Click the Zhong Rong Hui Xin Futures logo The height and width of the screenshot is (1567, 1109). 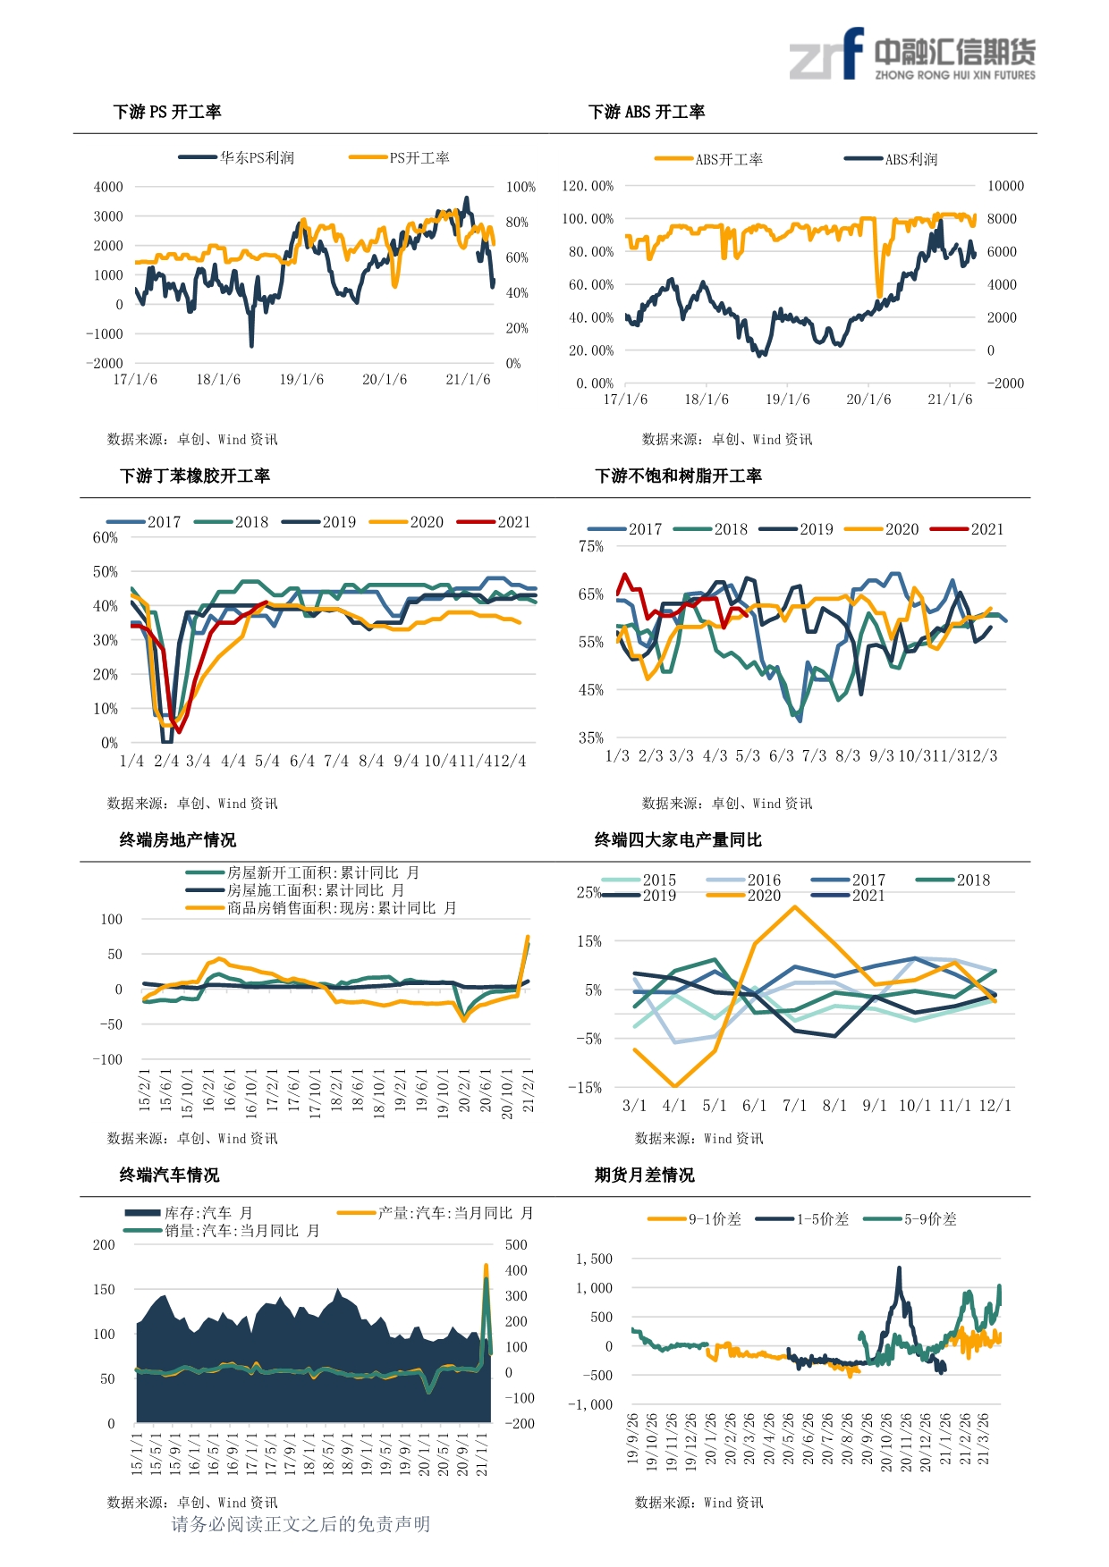coord(911,55)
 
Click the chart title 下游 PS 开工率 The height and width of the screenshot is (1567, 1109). coord(167,112)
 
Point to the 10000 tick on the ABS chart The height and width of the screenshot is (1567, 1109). coord(1005,186)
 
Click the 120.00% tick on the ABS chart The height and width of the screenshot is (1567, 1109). coord(588,186)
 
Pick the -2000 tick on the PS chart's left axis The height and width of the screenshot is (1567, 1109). coord(105,363)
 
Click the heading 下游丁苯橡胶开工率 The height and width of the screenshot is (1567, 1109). coord(195,476)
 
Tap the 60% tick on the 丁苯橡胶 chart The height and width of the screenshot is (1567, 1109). coord(105,537)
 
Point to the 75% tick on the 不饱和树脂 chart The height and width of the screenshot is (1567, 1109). coord(590,546)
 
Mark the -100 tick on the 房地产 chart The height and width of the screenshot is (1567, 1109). coord(107,1059)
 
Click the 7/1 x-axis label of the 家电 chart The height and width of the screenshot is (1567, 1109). coord(794,1106)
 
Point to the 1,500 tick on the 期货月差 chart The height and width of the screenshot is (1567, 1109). coord(594,1259)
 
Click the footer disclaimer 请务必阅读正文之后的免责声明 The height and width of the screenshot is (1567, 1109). coord(301,1524)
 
